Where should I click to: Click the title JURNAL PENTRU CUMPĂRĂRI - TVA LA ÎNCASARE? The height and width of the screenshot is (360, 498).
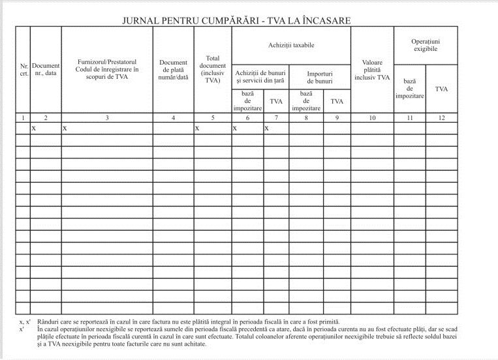coord(236,21)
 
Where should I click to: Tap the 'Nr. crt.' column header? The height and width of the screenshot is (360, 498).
coord(23,70)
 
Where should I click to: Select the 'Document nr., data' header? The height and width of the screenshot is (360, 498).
coord(46,70)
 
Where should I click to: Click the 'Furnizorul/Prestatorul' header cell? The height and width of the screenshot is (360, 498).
coord(107,69)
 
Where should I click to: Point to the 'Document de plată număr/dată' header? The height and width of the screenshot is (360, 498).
coord(173,70)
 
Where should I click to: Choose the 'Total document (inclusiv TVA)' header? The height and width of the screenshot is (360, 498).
coord(213,69)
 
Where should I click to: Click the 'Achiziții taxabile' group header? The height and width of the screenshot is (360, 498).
coord(291,46)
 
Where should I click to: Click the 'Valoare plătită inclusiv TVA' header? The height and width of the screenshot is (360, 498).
coord(372,70)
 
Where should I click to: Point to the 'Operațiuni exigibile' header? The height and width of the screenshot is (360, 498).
coord(425,45)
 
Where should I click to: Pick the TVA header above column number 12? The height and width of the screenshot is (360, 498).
coord(442,88)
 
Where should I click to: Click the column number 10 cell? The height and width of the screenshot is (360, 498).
coord(372,118)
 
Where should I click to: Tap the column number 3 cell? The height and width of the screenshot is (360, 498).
coord(107,118)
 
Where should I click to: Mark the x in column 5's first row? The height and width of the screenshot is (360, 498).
coord(197,128)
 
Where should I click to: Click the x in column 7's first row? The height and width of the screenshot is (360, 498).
coord(267,128)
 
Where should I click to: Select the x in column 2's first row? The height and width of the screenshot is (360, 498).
coord(34,128)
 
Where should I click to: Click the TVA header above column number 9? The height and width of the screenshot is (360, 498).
coord(337,101)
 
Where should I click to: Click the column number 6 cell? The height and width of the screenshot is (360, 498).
coord(247,118)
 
